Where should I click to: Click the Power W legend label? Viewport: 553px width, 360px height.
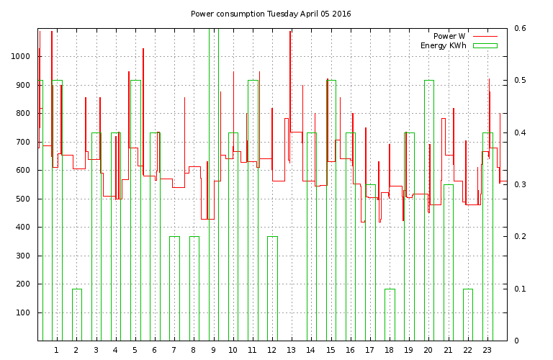click(449, 36)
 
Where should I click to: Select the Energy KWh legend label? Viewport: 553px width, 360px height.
click(444, 45)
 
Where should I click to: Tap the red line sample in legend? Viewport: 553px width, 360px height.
click(485, 36)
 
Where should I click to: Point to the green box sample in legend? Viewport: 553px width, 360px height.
click(485, 45)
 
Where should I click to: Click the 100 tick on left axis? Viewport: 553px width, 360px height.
click(24, 312)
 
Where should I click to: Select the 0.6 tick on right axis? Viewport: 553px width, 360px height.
click(520, 29)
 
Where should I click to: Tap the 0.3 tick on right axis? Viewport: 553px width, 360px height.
click(520, 185)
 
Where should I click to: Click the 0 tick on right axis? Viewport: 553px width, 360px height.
click(516, 341)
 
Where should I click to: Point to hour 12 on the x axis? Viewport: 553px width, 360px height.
click(271, 350)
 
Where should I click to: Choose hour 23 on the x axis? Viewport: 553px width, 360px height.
click(487, 350)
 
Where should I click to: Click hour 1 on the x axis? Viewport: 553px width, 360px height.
click(56, 350)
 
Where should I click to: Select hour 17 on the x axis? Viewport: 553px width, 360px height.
click(369, 350)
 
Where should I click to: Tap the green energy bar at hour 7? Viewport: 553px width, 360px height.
click(174, 288)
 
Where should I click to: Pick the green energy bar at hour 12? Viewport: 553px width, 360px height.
click(272, 288)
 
